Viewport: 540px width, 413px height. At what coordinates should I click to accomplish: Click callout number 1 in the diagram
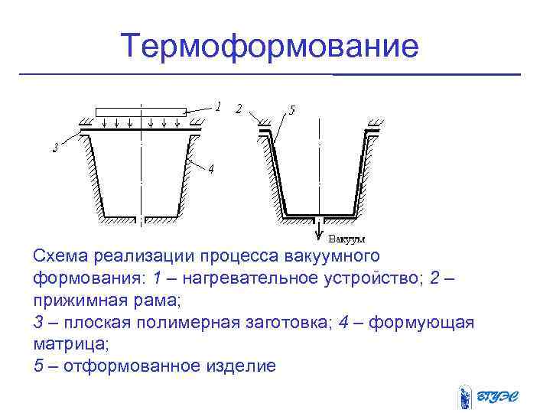pos(218,108)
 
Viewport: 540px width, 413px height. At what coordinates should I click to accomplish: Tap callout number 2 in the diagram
pos(239,109)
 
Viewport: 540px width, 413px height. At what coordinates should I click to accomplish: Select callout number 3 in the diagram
pos(55,148)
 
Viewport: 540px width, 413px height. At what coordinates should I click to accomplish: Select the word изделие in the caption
pos(239,366)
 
